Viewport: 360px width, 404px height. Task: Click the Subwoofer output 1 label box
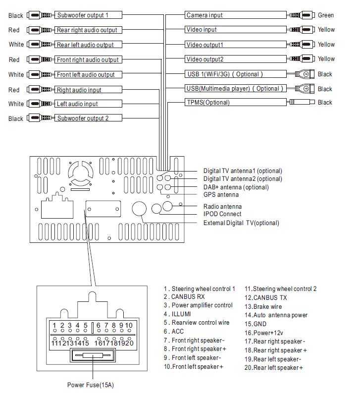[88, 15]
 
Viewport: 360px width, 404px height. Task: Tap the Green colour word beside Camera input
[326, 15]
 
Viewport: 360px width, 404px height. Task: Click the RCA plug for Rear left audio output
[41, 45]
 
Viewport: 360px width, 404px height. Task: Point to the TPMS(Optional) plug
[301, 102]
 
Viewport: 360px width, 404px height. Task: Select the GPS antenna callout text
[221, 195]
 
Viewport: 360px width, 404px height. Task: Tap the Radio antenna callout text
[223, 206]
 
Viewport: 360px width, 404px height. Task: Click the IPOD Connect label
[222, 214]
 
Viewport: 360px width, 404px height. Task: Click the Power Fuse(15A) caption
[90, 385]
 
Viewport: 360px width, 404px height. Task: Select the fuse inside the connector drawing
[93, 355]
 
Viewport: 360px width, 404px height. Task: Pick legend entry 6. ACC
[174, 331]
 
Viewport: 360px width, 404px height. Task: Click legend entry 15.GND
[255, 324]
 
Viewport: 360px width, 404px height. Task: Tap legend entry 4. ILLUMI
[177, 314]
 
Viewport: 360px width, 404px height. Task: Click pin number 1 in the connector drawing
[54, 325]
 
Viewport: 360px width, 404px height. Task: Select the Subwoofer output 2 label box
[88, 118]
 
